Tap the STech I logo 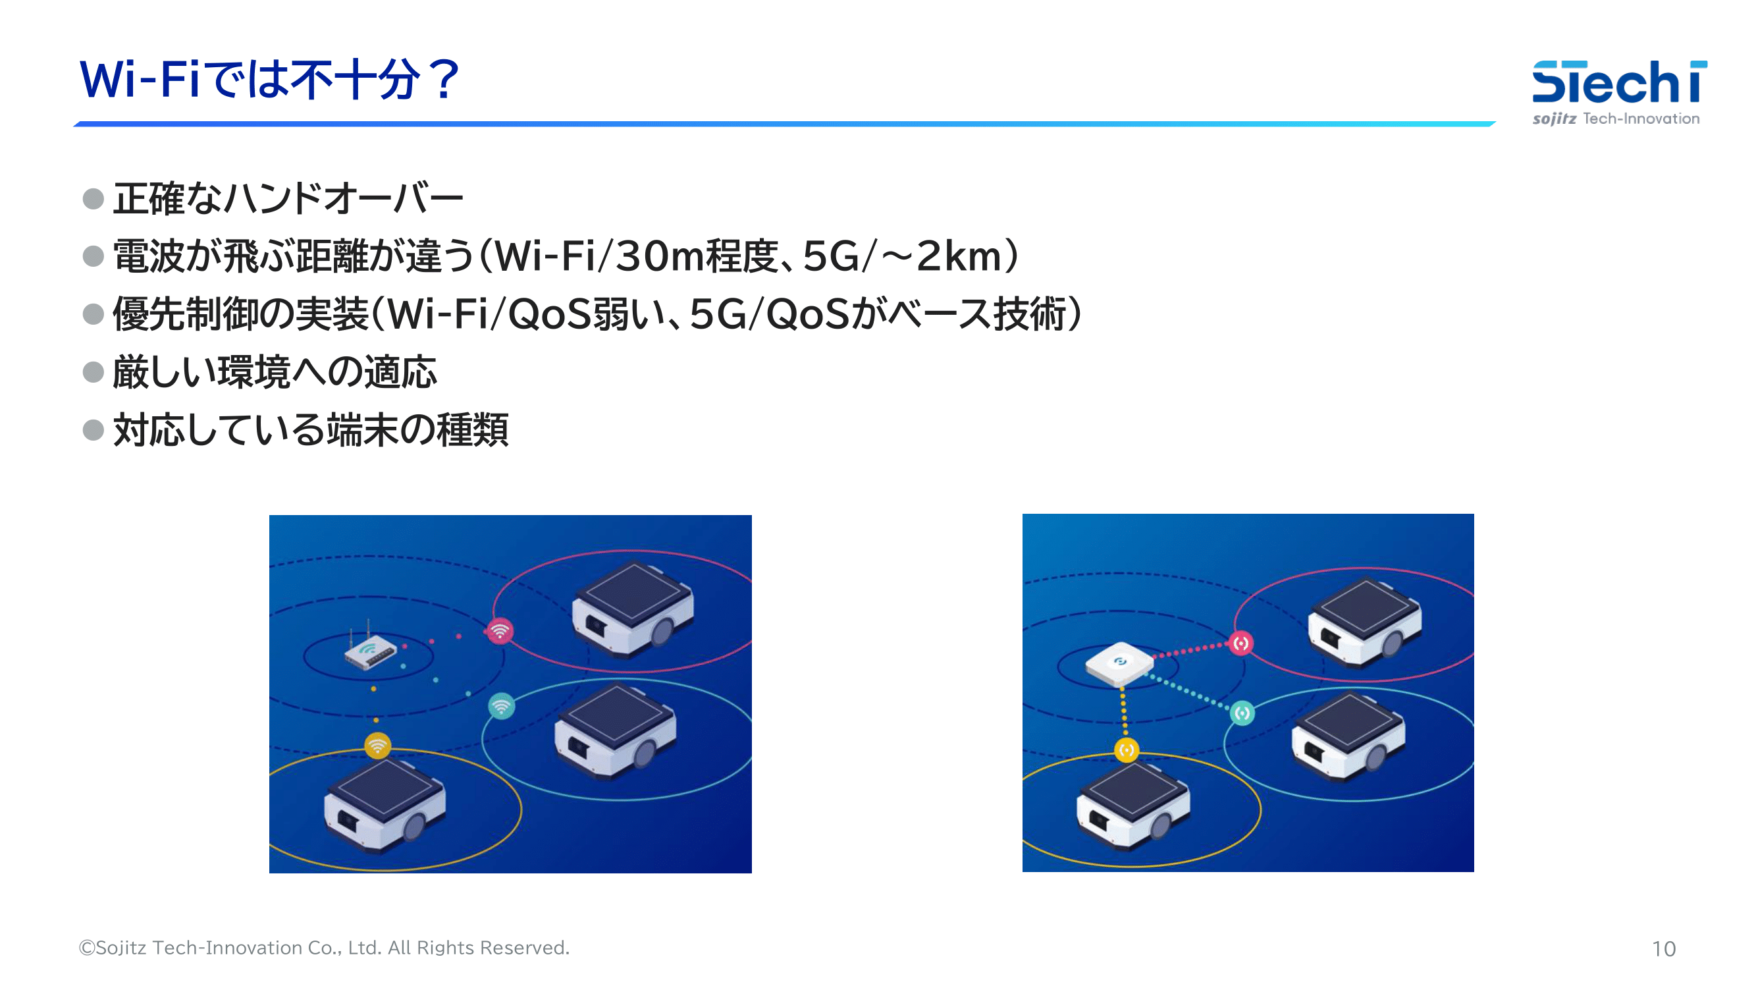coord(1619,93)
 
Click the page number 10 coord(1663,948)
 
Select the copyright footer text coord(324,948)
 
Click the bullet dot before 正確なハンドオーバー coord(93,199)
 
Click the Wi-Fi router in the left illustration coord(369,647)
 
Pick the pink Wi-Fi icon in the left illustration coord(500,631)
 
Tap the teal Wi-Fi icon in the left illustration coord(502,706)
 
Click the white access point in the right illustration coord(1119,663)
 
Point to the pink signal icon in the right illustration coord(1240,643)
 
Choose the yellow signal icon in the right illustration coord(1126,751)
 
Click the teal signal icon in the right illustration coord(1242,713)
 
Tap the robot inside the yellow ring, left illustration coord(385,806)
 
